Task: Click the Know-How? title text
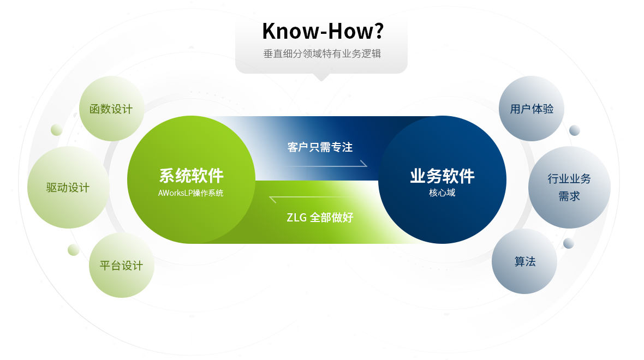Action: [323, 31]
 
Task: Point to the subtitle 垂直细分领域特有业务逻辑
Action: [322, 54]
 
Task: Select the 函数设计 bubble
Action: [112, 109]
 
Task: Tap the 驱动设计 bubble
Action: [69, 188]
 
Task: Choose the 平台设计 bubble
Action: [122, 265]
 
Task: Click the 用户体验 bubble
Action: [532, 109]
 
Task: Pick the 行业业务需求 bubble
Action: [569, 188]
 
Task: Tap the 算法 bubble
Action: [524, 261]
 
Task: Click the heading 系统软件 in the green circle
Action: [192, 176]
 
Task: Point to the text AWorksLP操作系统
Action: [191, 193]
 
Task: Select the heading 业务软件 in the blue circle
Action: [442, 176]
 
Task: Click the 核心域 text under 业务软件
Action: [442, 193]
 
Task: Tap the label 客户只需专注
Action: [320, 147]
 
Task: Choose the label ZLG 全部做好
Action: [320, 217]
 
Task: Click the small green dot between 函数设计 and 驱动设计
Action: [57, 130]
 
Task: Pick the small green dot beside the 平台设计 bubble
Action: [74, 250]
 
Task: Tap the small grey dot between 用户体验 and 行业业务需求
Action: [575, 130]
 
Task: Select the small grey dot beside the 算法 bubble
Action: [569, 243]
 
